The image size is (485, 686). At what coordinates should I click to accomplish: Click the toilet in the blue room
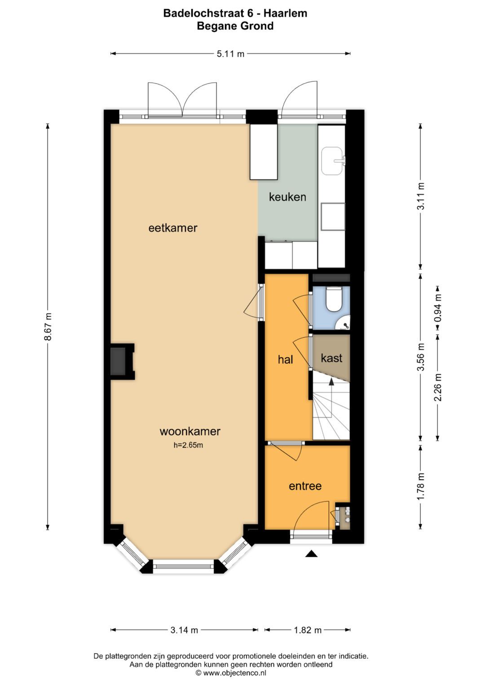click(x=333, y=299)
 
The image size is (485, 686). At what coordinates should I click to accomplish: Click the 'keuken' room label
click(x=287, y=197)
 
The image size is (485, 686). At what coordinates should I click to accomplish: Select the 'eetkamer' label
click(x=173, y=228)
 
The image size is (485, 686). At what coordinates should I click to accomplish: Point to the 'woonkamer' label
click(x=190, y=432)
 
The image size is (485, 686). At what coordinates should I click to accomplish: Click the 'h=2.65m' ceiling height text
click(x=188, y=445)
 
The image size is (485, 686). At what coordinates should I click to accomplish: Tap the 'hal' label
click(x=285, y=359)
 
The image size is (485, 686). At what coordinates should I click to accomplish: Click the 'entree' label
click(x=305, y=486)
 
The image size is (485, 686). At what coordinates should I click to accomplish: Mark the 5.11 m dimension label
click(x=230, y=54)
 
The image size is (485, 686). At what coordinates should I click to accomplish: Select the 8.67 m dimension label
click(x=48, y=327)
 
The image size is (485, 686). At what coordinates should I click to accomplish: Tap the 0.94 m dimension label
click(x=438, y=308)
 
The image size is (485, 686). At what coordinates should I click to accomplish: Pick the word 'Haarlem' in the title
click(x=286, y=13)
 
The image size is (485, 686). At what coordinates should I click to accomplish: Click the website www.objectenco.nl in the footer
click(x=234, y=673)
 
